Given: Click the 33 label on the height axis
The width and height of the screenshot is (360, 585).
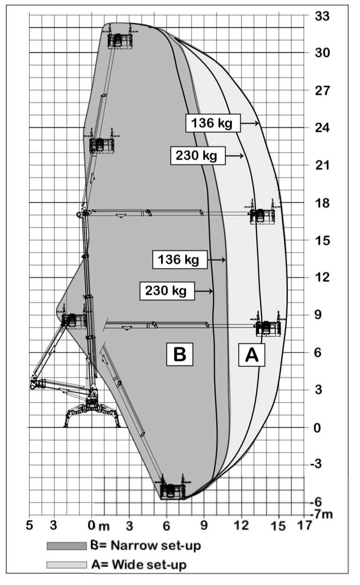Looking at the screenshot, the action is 322,16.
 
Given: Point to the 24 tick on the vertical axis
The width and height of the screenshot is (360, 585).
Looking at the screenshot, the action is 322,128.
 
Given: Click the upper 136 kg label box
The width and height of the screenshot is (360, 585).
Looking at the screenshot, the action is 213,123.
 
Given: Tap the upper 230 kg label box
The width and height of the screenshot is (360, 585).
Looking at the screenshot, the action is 198,156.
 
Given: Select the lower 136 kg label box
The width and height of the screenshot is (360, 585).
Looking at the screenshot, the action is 180,260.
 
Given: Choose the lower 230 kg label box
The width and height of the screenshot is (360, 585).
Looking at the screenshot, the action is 167,291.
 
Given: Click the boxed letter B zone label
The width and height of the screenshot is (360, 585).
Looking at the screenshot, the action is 180,354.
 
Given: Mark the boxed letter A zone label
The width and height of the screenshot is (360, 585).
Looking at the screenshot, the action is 251,355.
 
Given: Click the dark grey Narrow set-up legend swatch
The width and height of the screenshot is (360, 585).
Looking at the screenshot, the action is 67,546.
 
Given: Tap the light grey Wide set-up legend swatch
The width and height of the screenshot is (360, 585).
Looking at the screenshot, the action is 67,565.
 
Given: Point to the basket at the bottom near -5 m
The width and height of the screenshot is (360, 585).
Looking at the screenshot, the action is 172,487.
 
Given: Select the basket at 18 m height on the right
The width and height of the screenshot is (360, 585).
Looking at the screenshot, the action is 262,212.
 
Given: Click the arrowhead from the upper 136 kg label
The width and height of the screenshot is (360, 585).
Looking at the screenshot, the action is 257,123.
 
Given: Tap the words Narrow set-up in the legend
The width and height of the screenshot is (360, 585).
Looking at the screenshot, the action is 156,546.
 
